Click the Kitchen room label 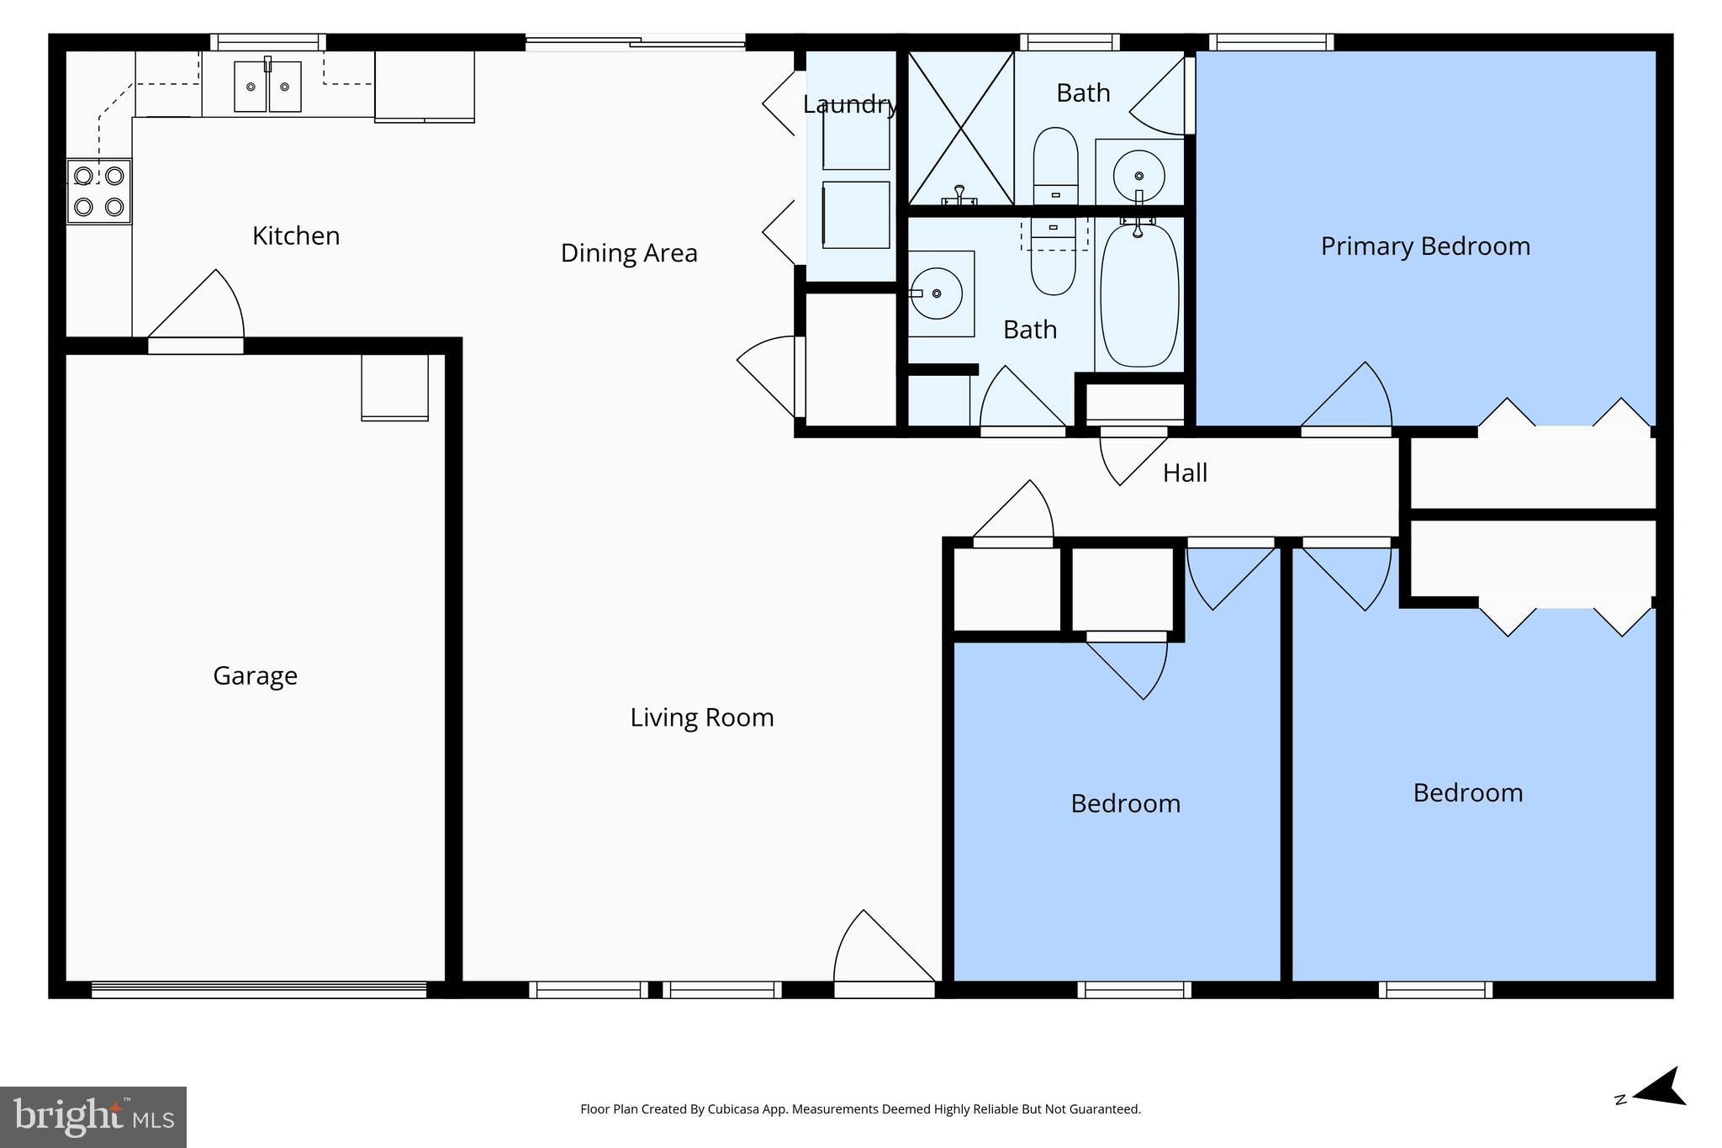pos(296,235)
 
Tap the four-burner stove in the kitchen pos(99,191)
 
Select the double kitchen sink pos(267,86)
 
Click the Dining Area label pos(629,253)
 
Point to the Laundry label pos(849,104)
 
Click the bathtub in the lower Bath pos(1139,294)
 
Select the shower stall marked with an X pos(960,128)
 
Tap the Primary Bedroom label pos(1425,246)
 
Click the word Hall pos(1185,473)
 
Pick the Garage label pos(255,675)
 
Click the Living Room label pos(702,717)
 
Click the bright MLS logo pos(92,1117)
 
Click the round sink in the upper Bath pos(1138,176)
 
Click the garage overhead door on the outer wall pos(259,990)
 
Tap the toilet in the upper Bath pos(1055,164)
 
